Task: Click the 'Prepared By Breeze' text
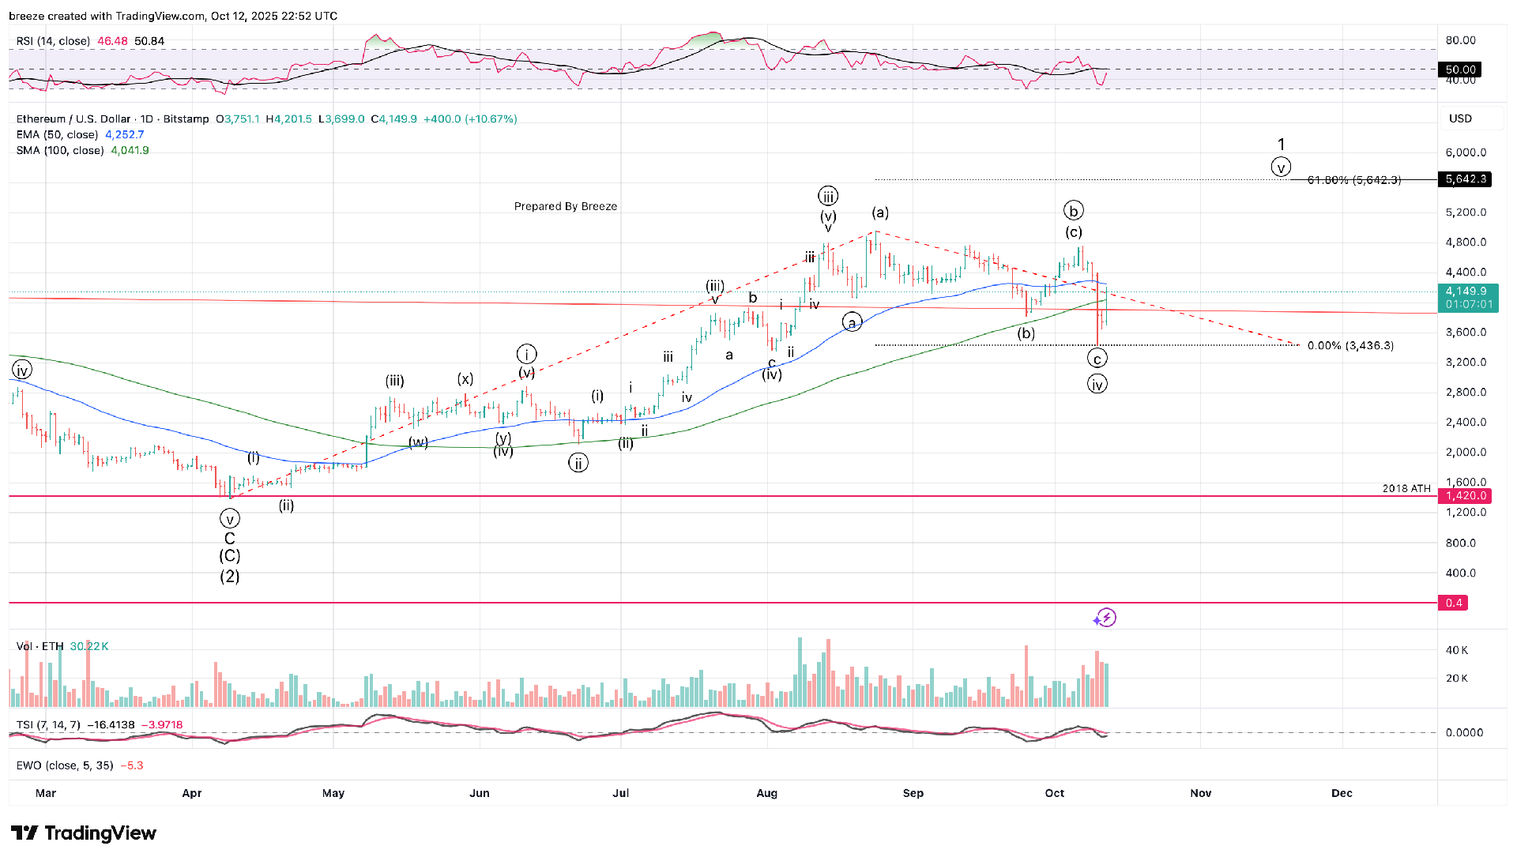click(565, 206)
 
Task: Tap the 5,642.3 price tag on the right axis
click(1466, 179)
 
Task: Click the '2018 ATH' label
click(1406, 488)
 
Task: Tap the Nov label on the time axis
click(1200, 793)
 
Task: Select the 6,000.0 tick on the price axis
click(1466, 152)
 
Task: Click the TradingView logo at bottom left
click(84, 833)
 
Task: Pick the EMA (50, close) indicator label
click(58, 135)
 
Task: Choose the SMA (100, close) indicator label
click(60, 150)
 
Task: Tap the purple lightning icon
click(1105, 618)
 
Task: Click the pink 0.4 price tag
click(1454, 603)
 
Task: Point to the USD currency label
click(1460, 118)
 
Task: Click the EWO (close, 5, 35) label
click(65, 765)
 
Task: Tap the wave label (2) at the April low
click(230, 577)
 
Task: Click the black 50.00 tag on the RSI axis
click(1461, 70)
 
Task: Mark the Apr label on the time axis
click(192, 793)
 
